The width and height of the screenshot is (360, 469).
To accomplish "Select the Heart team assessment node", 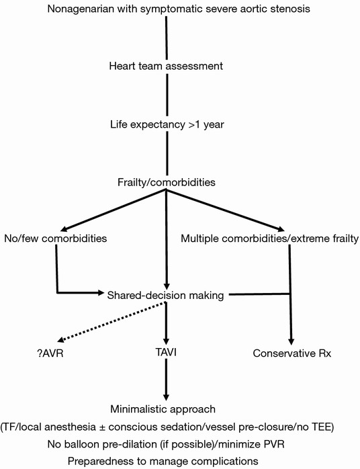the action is point(166,66).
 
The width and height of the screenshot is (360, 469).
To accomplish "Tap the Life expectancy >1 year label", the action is point(167,124).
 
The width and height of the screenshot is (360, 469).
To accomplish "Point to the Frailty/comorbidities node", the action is point(167,182).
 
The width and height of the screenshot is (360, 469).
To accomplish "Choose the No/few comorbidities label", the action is point(55,239).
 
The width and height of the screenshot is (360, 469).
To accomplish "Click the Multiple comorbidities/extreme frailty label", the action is point(269,239).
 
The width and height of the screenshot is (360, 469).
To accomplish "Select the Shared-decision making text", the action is point(165,295).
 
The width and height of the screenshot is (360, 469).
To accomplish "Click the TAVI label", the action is point(166,352).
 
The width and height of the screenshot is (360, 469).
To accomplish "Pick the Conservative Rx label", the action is point(291,353).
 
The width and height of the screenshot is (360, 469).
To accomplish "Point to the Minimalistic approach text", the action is point(163,409).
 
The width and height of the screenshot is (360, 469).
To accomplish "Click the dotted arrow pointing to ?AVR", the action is point(111,322).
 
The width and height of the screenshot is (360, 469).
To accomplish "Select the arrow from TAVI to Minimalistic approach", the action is point(167,379).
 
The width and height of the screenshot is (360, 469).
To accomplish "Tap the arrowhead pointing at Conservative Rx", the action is point(291,342).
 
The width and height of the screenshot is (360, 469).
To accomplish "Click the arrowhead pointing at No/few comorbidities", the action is point(64,229).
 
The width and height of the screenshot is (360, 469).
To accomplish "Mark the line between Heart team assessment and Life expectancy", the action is point(167,95).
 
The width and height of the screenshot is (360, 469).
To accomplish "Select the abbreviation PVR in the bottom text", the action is point(273,444).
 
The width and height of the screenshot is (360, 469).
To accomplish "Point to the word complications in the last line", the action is point(226,461).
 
